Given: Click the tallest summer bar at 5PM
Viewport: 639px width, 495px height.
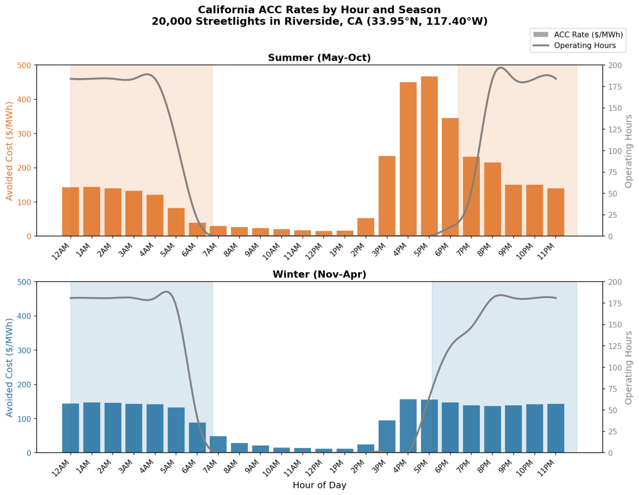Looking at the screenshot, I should point(429,156).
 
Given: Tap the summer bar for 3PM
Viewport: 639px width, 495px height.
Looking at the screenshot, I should point(387,196).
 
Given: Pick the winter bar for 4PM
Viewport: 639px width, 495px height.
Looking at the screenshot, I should point(408,426).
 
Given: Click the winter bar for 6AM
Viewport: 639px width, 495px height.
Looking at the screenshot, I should point(197,438).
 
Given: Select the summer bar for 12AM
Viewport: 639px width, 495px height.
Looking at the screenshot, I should point(70,212).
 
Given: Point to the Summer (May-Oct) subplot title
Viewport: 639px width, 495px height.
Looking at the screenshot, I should point(319,58).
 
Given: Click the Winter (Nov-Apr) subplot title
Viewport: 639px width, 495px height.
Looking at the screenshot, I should point(319,275).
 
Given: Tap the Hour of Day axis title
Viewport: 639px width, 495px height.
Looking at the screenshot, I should point(319,485).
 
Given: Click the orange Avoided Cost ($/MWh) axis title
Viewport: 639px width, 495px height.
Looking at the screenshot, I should point(10,151).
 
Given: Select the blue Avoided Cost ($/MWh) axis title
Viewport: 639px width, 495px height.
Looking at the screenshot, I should point(10,367).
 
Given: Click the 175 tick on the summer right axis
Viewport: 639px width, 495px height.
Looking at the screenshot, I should point(615,87).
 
